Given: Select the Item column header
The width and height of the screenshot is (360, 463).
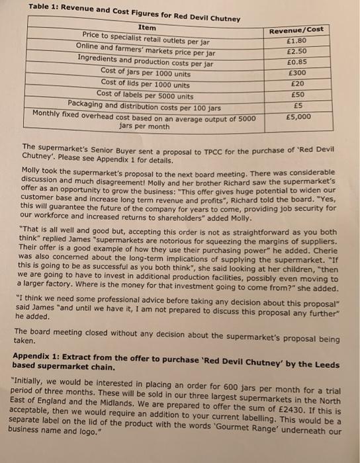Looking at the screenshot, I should click(x=147, y=27).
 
